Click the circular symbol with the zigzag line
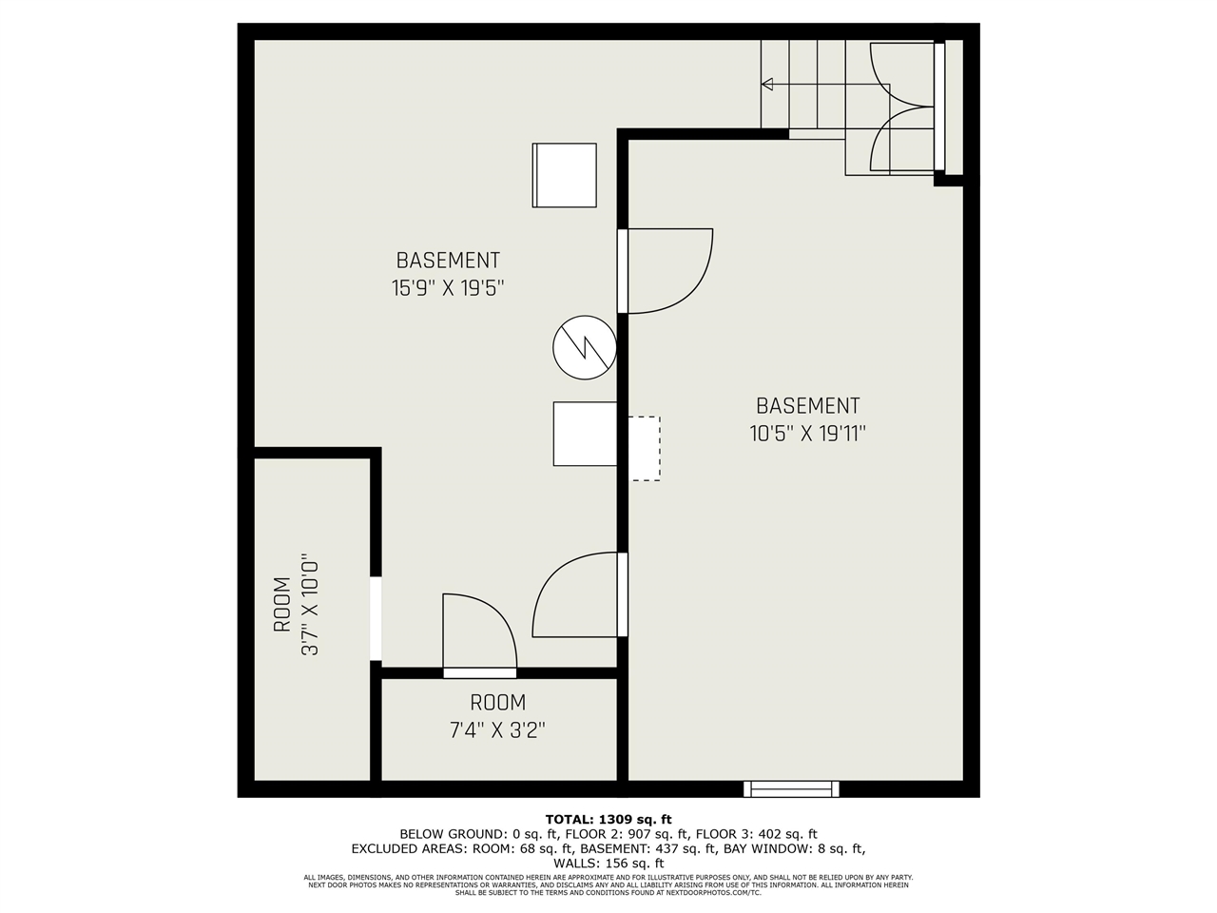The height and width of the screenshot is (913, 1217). click(x=585, y=345)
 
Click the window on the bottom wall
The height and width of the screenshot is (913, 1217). click(x=791, y=788)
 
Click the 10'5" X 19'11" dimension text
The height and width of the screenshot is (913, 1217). click(x=807, y=434)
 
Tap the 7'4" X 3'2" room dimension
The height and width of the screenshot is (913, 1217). click(x=497, y=730)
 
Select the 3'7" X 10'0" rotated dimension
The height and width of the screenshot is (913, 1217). click(x=307, y=605)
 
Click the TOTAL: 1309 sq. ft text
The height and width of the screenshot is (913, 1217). click(x=608, y=819)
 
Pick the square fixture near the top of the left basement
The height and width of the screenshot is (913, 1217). click(x=564, y=175)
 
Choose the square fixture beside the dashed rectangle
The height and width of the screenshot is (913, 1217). click(x=585, y=434)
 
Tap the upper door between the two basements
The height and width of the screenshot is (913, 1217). click(x=666, y=270)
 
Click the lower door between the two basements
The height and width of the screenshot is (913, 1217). click(x=578, y=595)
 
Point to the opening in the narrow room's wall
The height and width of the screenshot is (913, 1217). click(x=376, y=618)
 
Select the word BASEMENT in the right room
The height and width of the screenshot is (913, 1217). click(x=807, y=406)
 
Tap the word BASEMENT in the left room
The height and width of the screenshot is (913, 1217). click(x=448, y=261)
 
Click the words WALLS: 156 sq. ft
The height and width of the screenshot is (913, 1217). click(x=608, y=863)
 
